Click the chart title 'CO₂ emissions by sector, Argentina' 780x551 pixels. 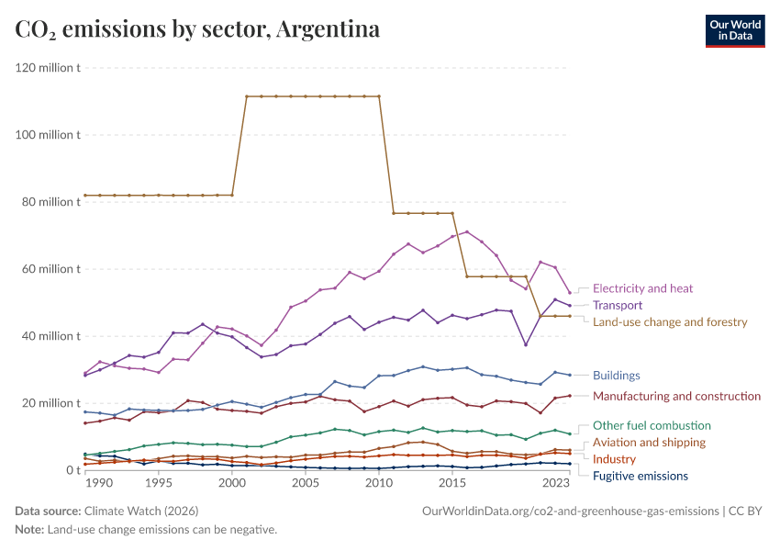tap(197, 29)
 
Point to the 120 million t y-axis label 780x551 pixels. tap(48, 68)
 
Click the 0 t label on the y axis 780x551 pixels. tap(72, 470)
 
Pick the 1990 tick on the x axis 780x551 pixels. tap(99, 483)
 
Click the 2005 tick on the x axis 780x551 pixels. tap(306, 483)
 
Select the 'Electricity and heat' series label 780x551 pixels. tap(642, 288)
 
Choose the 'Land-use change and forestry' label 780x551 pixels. tap(670, 322)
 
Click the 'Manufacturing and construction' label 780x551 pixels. tap(676, 397)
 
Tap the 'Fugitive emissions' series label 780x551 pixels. tap(640, 476)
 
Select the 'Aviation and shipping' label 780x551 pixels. tap(649, 443)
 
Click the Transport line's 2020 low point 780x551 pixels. tap(526, 344)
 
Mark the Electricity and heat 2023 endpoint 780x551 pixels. tap(570, 293)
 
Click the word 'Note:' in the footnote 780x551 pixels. tap(29, 530)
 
